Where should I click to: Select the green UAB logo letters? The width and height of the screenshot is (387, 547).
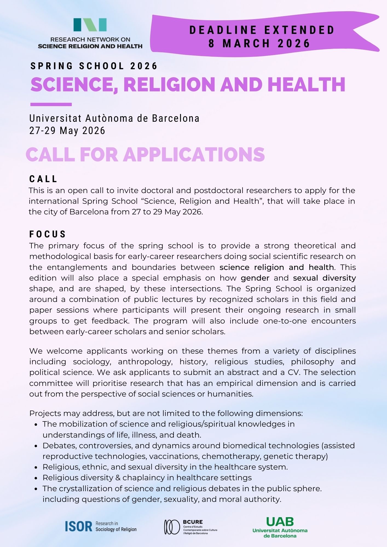point(280,522)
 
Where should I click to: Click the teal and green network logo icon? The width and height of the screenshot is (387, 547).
point(90,25)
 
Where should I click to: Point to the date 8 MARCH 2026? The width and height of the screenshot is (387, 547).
point(259,43)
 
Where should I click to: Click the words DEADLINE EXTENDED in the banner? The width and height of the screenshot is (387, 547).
point(262,30)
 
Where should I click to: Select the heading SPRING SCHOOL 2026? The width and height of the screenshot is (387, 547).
point(94,66)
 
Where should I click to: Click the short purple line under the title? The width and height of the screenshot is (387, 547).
point(51,104)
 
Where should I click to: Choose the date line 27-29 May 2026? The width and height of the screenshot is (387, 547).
point(67,131)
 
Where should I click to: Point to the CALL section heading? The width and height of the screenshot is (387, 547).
point(43,179)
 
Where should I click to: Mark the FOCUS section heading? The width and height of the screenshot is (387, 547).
point(48,234)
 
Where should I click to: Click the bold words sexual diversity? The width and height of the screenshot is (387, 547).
point(324,278)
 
